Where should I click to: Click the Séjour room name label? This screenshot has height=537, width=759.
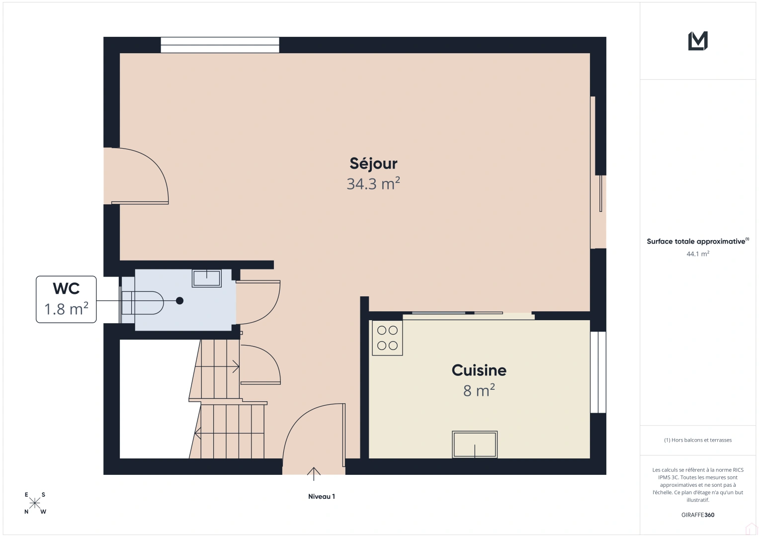point(373,164)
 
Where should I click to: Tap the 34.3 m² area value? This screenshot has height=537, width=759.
point(373,184)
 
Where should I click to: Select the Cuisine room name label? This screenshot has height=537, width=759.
point(479,370)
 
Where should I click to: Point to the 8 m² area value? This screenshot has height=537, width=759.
point(479,391)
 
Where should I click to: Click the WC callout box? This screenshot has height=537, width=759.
point(66,299)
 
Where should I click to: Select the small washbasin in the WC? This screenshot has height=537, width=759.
point(207,278)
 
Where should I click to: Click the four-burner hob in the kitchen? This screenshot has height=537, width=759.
point(387,338)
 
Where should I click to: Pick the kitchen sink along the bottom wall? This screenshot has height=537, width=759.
point(475,444)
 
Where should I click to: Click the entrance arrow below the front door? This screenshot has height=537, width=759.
point(314,474)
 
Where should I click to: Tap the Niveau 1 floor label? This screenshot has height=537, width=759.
point(322,497)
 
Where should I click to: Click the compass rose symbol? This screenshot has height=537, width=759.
point(35,503)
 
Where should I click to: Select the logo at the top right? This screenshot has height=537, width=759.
point(698,41)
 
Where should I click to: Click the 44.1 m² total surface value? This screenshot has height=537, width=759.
point(698,254)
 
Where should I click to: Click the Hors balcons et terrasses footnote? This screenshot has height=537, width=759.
point(698,440)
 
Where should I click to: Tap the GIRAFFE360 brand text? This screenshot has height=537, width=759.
point(698,515)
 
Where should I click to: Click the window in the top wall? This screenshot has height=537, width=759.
point(220,45)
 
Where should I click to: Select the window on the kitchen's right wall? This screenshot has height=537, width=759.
point(598,372)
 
